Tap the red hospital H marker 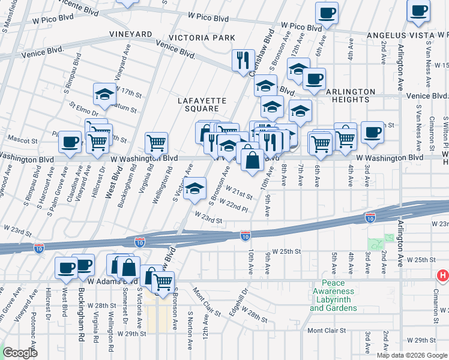tap(442, 276)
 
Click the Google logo tap(20, 353)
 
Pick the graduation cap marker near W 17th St tap(104, 94)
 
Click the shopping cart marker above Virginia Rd tap(156, 143)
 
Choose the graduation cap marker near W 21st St tap(194, 188)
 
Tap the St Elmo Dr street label tap(83, 111)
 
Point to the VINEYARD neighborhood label tap(130, 35)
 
